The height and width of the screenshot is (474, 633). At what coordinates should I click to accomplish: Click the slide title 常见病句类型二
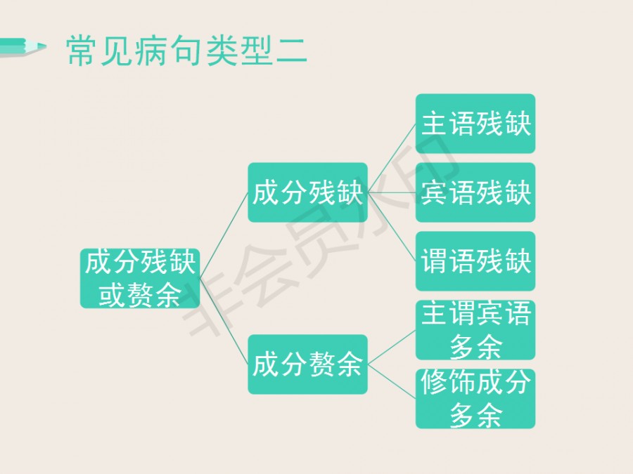[186, 51]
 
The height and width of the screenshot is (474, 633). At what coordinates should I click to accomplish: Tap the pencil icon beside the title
[23, 47]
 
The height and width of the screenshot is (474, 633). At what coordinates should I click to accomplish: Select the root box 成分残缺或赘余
[140, 279]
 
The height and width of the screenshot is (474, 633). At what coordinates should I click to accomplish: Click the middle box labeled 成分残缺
[307, 192]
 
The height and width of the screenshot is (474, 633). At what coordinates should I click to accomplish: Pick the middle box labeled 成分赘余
[307, 364]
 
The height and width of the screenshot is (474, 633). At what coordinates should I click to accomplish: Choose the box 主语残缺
[475, 124]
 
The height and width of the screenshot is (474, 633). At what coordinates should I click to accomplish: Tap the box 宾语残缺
[475, 192]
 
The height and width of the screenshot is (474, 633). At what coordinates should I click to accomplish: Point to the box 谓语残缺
[475, 261]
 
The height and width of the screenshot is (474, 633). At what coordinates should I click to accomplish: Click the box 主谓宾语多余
[475, 330]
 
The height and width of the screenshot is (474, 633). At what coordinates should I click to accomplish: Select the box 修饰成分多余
[475, 399]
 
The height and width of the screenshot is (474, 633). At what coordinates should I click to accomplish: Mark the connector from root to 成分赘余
[224, 322]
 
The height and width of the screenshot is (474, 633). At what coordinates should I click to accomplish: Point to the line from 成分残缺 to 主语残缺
[392, 159]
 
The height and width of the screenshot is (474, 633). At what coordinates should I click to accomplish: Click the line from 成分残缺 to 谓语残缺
[392, 227]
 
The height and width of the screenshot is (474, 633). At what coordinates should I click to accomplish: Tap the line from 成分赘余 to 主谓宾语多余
[392, 348]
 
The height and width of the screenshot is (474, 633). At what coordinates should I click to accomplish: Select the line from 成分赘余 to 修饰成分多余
[392, 382]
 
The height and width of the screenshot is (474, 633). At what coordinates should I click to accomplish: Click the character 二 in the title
[291, 51]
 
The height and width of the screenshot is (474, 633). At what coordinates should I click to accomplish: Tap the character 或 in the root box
[112, 295]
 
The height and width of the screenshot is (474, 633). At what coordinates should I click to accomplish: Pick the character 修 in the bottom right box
[434, 382]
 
